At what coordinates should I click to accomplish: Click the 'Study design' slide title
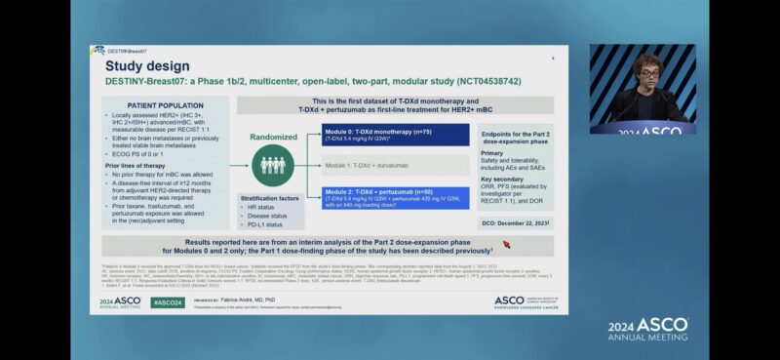pyautogui.click(x=146, y=65)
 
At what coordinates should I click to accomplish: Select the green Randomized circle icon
pyautogui.click(x=272, y=164)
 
